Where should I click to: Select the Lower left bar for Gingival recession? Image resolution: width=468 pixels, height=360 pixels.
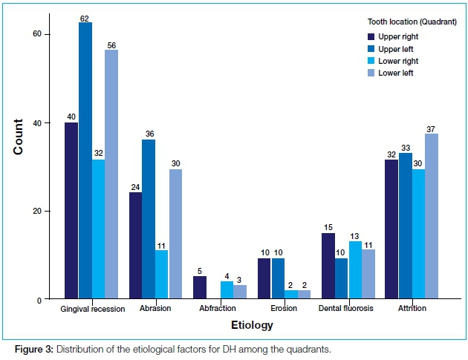[x=111, y=174]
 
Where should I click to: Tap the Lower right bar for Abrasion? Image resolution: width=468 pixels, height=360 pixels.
[x=162, y=275]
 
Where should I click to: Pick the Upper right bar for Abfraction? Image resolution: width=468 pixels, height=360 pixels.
[x=200, y=287]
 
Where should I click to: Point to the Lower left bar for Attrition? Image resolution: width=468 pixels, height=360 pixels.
[x=431, y=216]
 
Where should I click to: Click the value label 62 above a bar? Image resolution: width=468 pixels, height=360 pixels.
[x=85, y=17]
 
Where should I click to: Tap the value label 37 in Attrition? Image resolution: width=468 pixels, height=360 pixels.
[x=431, y=128]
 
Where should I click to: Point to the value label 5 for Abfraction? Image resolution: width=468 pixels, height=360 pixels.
[x=200, y=271]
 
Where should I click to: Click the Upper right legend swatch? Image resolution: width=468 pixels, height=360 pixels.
[x=372, y=36]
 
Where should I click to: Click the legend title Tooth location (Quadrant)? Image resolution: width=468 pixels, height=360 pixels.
[x=401, y=22]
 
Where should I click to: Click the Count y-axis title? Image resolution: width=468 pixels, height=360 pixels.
[x=18, y=137]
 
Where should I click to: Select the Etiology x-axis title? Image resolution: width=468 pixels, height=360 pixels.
[x=251, y=325]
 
